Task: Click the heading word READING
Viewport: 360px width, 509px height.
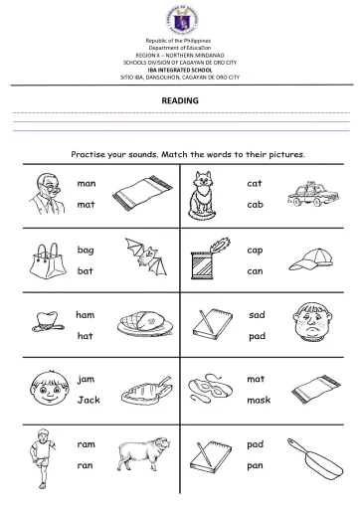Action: [180, 100]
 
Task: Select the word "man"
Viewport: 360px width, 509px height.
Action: [87, 184]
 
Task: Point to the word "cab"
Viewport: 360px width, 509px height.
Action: [254, 205]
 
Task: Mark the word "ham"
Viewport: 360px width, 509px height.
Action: [86, 314]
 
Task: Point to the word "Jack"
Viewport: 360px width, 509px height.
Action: [89, 400]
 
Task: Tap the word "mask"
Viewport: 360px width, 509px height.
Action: [258, 400]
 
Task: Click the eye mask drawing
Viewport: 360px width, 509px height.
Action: [205, 390]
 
